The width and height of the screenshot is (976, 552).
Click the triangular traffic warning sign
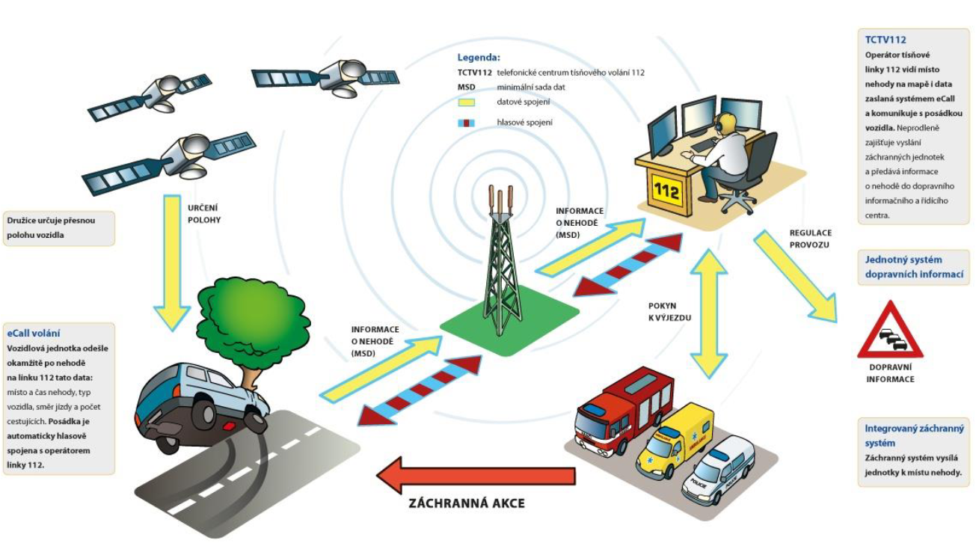[x=891, y=334]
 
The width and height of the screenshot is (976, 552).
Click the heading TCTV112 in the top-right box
[x=886, y=40]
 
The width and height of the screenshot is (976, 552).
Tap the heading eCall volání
[x=33, y=333]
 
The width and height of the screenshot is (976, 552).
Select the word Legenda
[x=479, y=57]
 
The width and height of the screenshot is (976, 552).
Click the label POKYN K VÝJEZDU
[x=667, y=312]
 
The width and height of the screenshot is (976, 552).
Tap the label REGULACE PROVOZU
[x=810, y=239]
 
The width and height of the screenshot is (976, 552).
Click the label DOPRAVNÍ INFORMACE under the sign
[x=890, y=373]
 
